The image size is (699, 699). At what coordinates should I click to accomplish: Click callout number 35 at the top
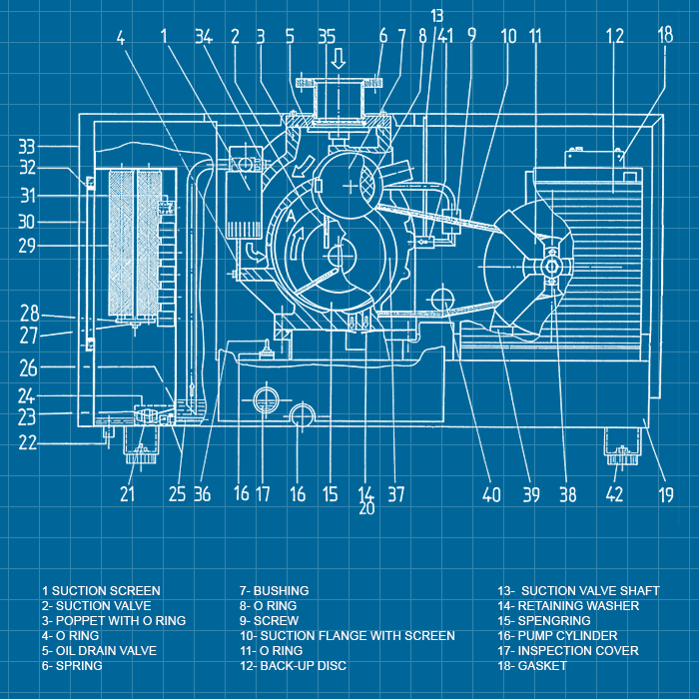pyautogui.click(x=326, y=37)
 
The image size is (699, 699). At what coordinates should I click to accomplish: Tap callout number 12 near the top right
pyautogui.click(x=614, y=37)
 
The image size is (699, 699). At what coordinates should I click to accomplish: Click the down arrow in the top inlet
pyautogui.click(x=339, y=60)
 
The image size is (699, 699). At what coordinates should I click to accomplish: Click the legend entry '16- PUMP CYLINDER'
pyautogui.click(x=567, y=636)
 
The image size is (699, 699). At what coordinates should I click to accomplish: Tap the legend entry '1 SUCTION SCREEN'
pyautogui.click(x=100, y=591)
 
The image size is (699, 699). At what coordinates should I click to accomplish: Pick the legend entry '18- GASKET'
pyautogui.click(x=540, y=666)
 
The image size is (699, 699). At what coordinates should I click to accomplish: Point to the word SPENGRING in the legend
pyautogui.click(x=554, y=621)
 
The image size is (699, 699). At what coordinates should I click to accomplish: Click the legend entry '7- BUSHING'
pyautogui.click(x=274, y=591)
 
